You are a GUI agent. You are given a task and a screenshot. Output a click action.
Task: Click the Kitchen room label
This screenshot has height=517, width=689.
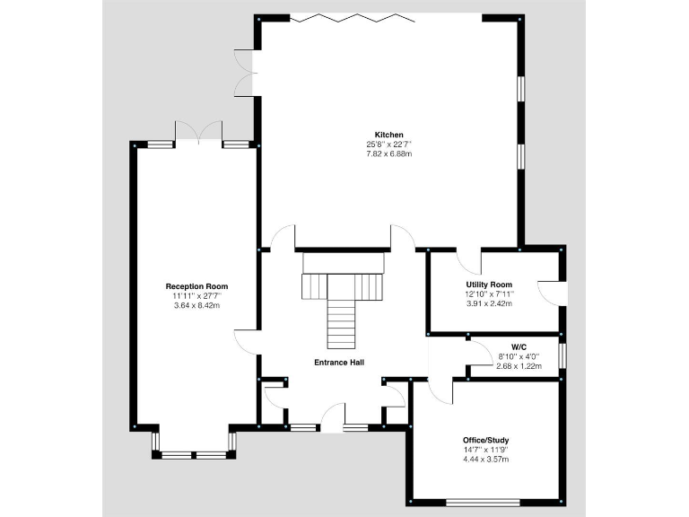pos(389,135)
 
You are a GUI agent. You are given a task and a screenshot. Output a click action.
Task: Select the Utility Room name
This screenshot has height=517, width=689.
pos(488,285)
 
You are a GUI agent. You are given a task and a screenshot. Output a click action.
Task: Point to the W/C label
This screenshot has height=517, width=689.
pos(519,346)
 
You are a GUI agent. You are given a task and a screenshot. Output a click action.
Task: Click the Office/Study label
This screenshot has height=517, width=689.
pos(485,440)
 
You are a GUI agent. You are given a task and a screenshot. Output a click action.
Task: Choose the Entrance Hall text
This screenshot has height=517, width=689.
pos(338,363)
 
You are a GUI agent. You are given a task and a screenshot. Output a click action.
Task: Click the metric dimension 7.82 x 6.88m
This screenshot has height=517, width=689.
pos(389,154)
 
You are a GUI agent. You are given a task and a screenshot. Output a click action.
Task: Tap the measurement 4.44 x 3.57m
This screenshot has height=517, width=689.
pos(485,460)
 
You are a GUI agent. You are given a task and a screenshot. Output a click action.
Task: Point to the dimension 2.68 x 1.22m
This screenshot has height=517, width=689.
pos(519,365)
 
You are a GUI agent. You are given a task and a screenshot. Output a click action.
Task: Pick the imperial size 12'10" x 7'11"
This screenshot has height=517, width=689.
pos(488,294)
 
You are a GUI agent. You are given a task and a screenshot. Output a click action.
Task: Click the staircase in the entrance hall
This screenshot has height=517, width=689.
pos(342,305)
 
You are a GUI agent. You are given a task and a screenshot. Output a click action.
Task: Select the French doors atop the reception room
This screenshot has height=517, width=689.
pos(197,131)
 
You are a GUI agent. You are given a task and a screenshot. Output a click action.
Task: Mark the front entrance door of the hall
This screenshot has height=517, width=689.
pos(331,418)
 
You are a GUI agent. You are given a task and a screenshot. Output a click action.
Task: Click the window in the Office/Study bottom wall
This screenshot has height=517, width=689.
pos(484,502)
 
